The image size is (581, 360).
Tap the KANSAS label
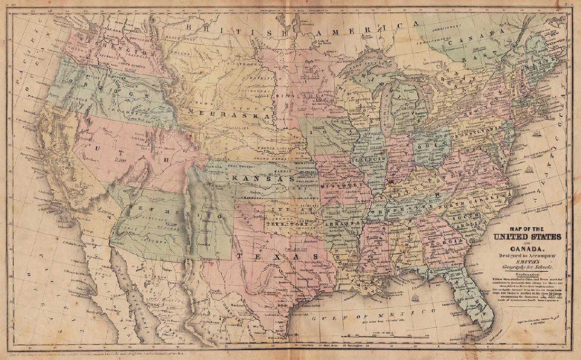pyautogui.click(x=262, y=179)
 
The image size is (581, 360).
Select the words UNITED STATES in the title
pyautogui.click(x=527, y=236)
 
